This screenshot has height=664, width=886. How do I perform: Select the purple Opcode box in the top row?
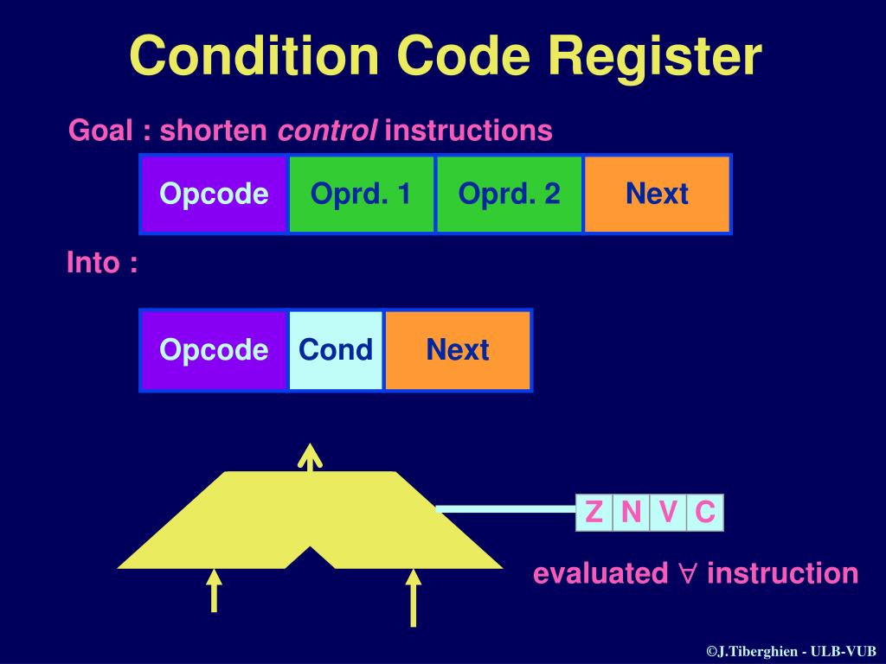point(214,194)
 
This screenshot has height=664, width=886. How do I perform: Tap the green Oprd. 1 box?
point(362,194)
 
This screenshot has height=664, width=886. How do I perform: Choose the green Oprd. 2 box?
point(510,194)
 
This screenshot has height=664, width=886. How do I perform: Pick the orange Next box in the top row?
point(657,194)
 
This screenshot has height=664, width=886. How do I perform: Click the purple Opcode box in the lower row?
point(214,350)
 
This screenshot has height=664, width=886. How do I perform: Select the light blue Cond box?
point(336,350)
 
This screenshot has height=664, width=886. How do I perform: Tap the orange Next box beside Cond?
point(458,350)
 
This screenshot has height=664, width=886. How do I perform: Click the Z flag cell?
point(594,513)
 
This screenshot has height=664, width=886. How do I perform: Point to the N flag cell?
point(631,513)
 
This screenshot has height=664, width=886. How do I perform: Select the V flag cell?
point(667,513)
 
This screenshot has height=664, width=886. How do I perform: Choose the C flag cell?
point(705,513)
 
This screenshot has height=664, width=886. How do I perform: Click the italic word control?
point(327,131)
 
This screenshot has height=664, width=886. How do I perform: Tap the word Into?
point(93,263)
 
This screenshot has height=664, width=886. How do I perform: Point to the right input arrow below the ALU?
point(414,597)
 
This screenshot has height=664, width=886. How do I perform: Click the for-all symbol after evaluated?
point(687,574)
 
